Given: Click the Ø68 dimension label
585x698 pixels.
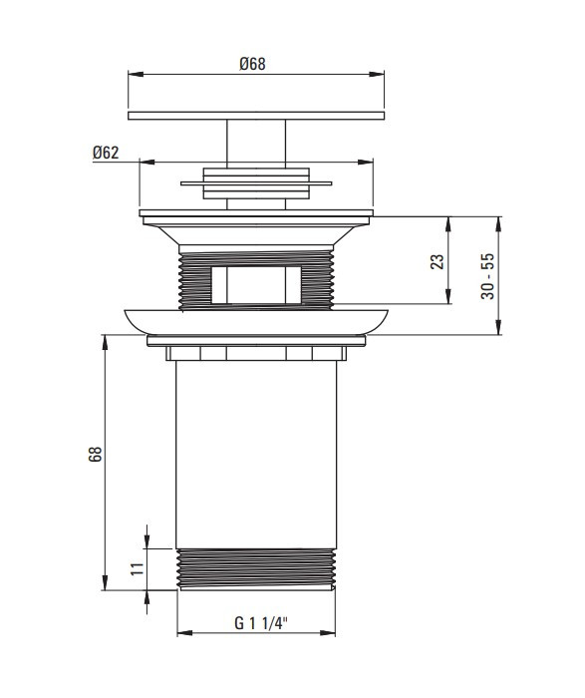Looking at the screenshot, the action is coord(252,64).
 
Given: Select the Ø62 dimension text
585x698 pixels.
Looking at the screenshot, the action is coord(106,153).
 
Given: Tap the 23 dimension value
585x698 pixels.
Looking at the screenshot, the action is coord(439,261).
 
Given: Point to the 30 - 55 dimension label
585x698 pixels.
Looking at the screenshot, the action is coord(487,276).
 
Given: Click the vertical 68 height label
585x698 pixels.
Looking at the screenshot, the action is coord(96,454).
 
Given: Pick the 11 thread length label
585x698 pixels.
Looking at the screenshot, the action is coord(137,569).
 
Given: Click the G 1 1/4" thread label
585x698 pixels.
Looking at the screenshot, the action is coord(261,623).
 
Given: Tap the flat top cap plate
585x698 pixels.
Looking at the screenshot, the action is coord(256,116).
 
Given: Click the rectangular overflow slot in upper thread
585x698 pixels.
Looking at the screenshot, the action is coord(256,285).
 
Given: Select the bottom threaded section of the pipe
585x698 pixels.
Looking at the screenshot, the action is coord(256,569).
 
